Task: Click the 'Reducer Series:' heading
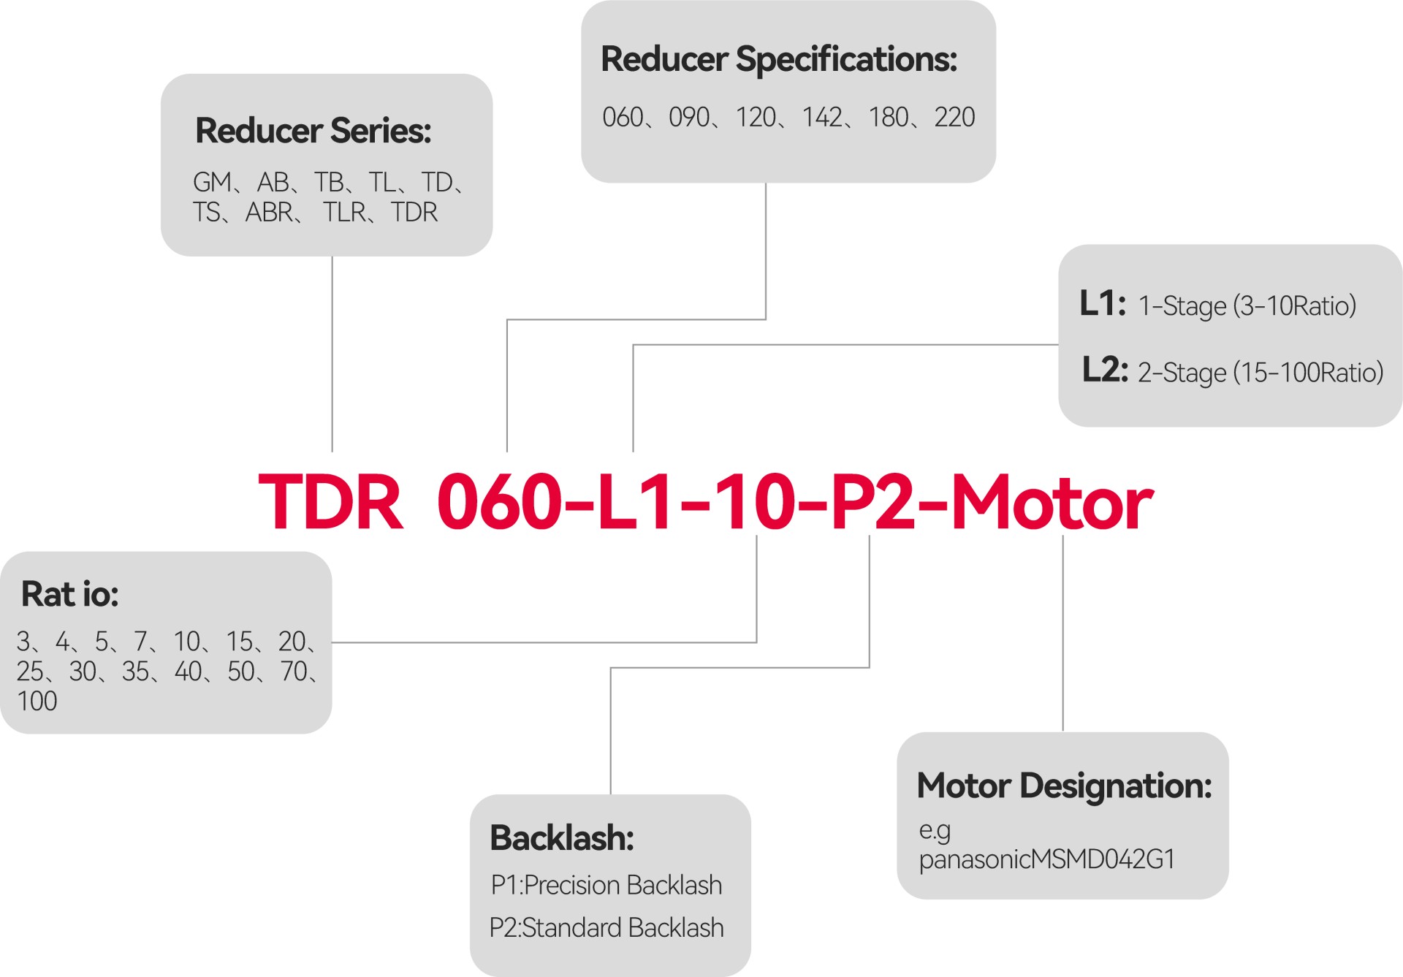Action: point(313,131)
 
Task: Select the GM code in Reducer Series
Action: point(212,182)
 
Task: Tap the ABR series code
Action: point(269,213)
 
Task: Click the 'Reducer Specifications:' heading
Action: point(778,59)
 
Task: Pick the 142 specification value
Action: point(822,118)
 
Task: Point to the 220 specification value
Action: point(954,118)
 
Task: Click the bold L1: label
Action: point(1103,303)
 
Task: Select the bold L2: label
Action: point(1105,370)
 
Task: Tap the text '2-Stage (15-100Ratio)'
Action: point(1261,373)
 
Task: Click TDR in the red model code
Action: point(330,503)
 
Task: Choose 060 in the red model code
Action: point(500,503)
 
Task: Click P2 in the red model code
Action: point(873,503)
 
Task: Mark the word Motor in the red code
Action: point(1052,503)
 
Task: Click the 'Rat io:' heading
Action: point(70,593)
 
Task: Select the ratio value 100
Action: point(37,702)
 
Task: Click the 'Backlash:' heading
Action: point(561,838)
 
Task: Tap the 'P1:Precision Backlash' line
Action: point(606,886)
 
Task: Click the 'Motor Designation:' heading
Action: point(1064,786)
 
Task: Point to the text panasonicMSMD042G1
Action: point(1046,859)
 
